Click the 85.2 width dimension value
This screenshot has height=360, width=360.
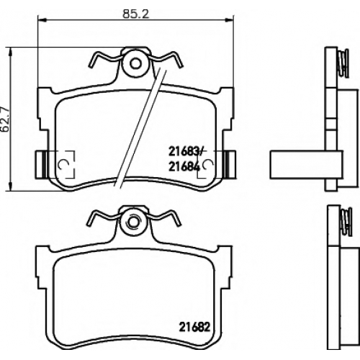coord(136,14)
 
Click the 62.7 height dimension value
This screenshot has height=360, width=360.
coord(5,120)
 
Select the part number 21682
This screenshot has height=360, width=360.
coord(194,327)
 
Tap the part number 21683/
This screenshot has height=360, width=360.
coord(186,152)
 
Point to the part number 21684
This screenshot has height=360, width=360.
coord(184,167)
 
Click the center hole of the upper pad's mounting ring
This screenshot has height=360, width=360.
coord(135,63)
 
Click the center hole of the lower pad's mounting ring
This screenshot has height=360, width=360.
coord(132,222)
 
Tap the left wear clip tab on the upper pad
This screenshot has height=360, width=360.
coord(41,164)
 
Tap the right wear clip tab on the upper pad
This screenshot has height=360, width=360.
coord(230,164)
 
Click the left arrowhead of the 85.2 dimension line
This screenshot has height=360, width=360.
coord(42,20)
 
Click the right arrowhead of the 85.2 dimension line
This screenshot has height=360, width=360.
coord(229,20)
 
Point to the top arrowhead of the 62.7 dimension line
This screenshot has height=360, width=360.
coord(10,52)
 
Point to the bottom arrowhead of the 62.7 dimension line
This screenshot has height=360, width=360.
coord(10,186)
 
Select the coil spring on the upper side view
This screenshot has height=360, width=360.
coord(343,63)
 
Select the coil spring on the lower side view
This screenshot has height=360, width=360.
coord(346,222)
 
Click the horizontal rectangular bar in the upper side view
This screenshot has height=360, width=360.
coord(306,165)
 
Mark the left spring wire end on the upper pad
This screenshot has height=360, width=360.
coord(91,64)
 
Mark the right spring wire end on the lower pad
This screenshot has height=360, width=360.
coord(179,225)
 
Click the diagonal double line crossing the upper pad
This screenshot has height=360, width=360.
coord(140,127)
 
